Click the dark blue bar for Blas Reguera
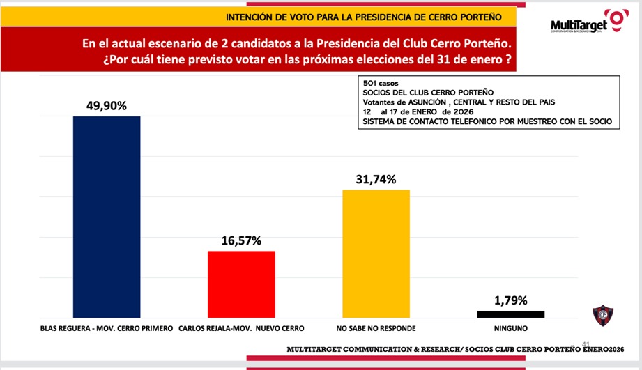point(107,216)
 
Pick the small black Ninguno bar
point(511,314)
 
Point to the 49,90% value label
point(107,106)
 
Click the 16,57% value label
point(242,241)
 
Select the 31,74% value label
point(376,180)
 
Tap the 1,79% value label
point(511,301)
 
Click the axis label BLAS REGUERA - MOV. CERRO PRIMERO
point(107,327)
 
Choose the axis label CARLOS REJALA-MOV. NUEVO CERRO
point(242,327)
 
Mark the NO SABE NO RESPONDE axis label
point(376,327)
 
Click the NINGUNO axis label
point(511,327)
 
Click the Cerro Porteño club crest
point(603,314)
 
